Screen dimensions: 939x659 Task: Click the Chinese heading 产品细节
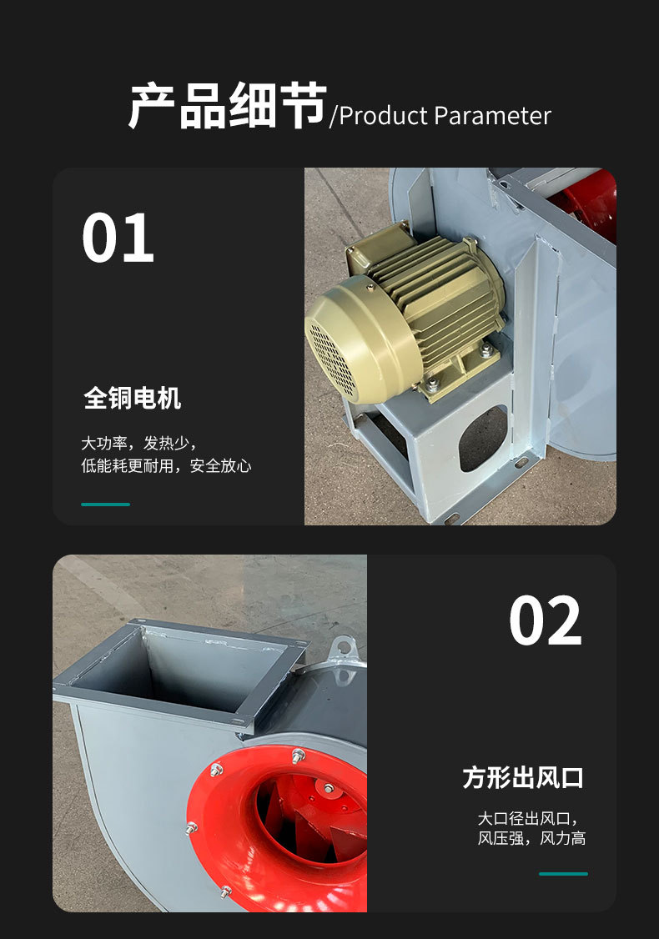click(226, 107)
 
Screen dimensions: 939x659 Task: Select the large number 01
click(118, 239)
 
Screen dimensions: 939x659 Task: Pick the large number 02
click(545, 621)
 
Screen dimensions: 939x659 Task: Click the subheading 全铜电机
click(133, 399)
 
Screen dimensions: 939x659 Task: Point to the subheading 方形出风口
click(523, 778)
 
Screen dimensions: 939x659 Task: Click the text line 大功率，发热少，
click(139, 443)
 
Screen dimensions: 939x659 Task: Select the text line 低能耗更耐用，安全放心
click(166, 466)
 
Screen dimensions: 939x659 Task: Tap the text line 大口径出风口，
click(527, 818)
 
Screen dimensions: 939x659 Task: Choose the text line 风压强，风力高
click(531, 838)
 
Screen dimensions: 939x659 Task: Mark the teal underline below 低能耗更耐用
click(105, 505)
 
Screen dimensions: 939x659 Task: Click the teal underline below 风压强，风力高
click(563, 874)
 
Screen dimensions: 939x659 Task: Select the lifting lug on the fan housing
click(343, 648)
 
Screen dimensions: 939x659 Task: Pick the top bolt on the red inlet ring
click(299, 756)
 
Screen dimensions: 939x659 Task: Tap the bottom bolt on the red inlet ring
click(225, 892)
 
